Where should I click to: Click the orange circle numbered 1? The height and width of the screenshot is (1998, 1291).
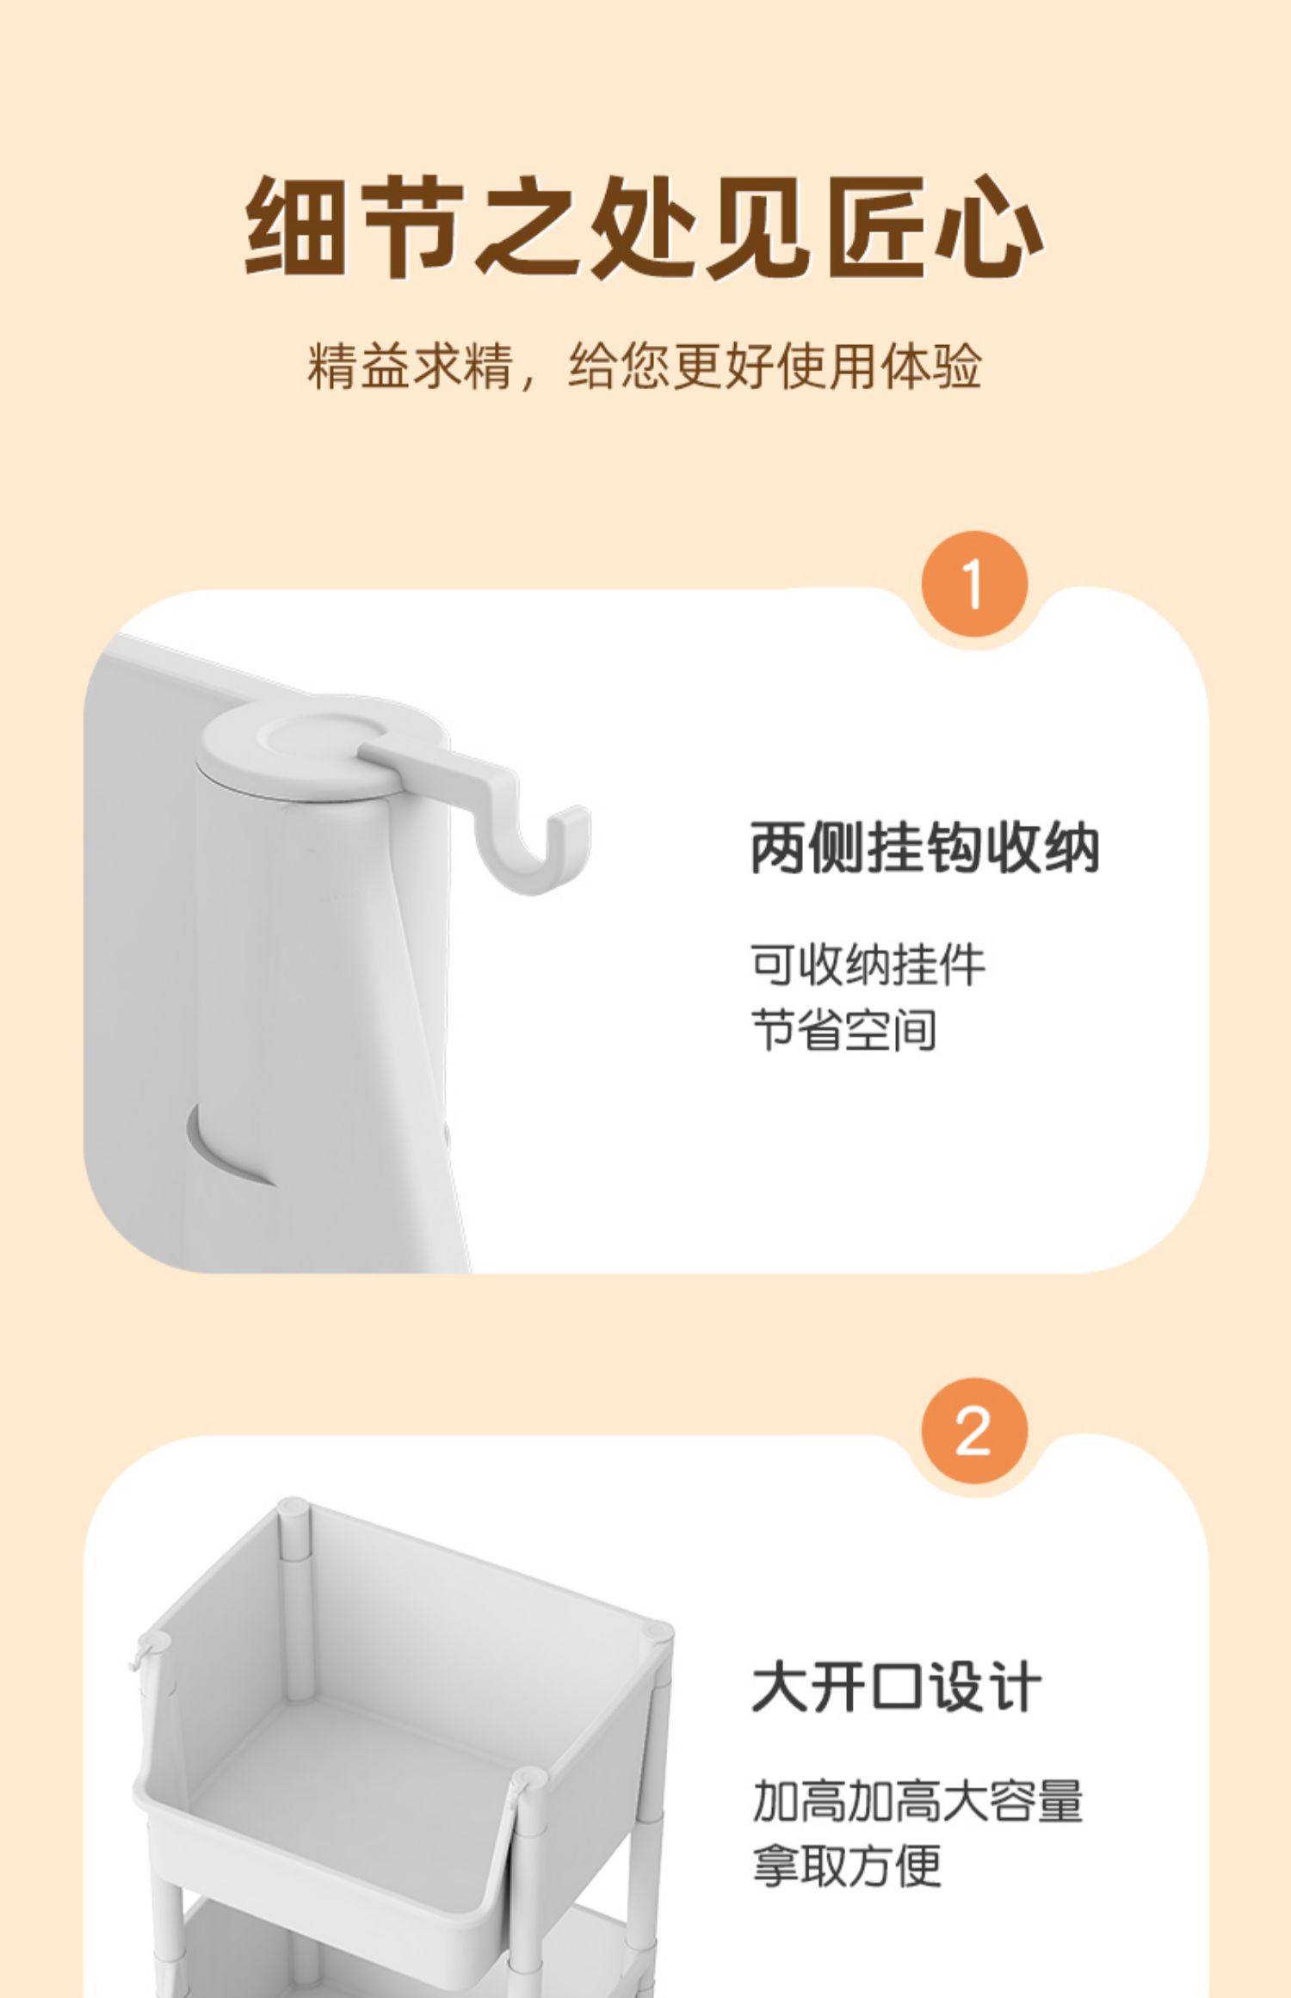click(x=974, y=584)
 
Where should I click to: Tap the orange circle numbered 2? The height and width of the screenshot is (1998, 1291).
click(x=974, y=1431)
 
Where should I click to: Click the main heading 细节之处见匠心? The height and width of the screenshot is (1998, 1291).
click(x=645, y=227)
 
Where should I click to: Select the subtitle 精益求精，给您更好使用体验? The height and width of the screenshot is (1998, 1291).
click(x=645, y=367)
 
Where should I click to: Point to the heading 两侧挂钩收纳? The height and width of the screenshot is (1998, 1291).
click(x=925, y=848)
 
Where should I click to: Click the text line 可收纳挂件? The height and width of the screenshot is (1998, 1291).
click(x=868, y=965)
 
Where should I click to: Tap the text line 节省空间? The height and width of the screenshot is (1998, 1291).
click(x=844, y=1030)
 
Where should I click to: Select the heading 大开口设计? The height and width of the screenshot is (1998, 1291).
click(x=897, y=1687)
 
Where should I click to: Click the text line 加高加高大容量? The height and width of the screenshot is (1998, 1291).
click(x=917, y=1802)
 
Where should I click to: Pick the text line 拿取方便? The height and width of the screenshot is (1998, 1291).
click(x=847, y=1866)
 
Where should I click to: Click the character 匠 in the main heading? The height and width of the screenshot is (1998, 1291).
click(x=874, y=227)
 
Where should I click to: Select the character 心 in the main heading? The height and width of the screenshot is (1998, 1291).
click(x=990, y=227)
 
